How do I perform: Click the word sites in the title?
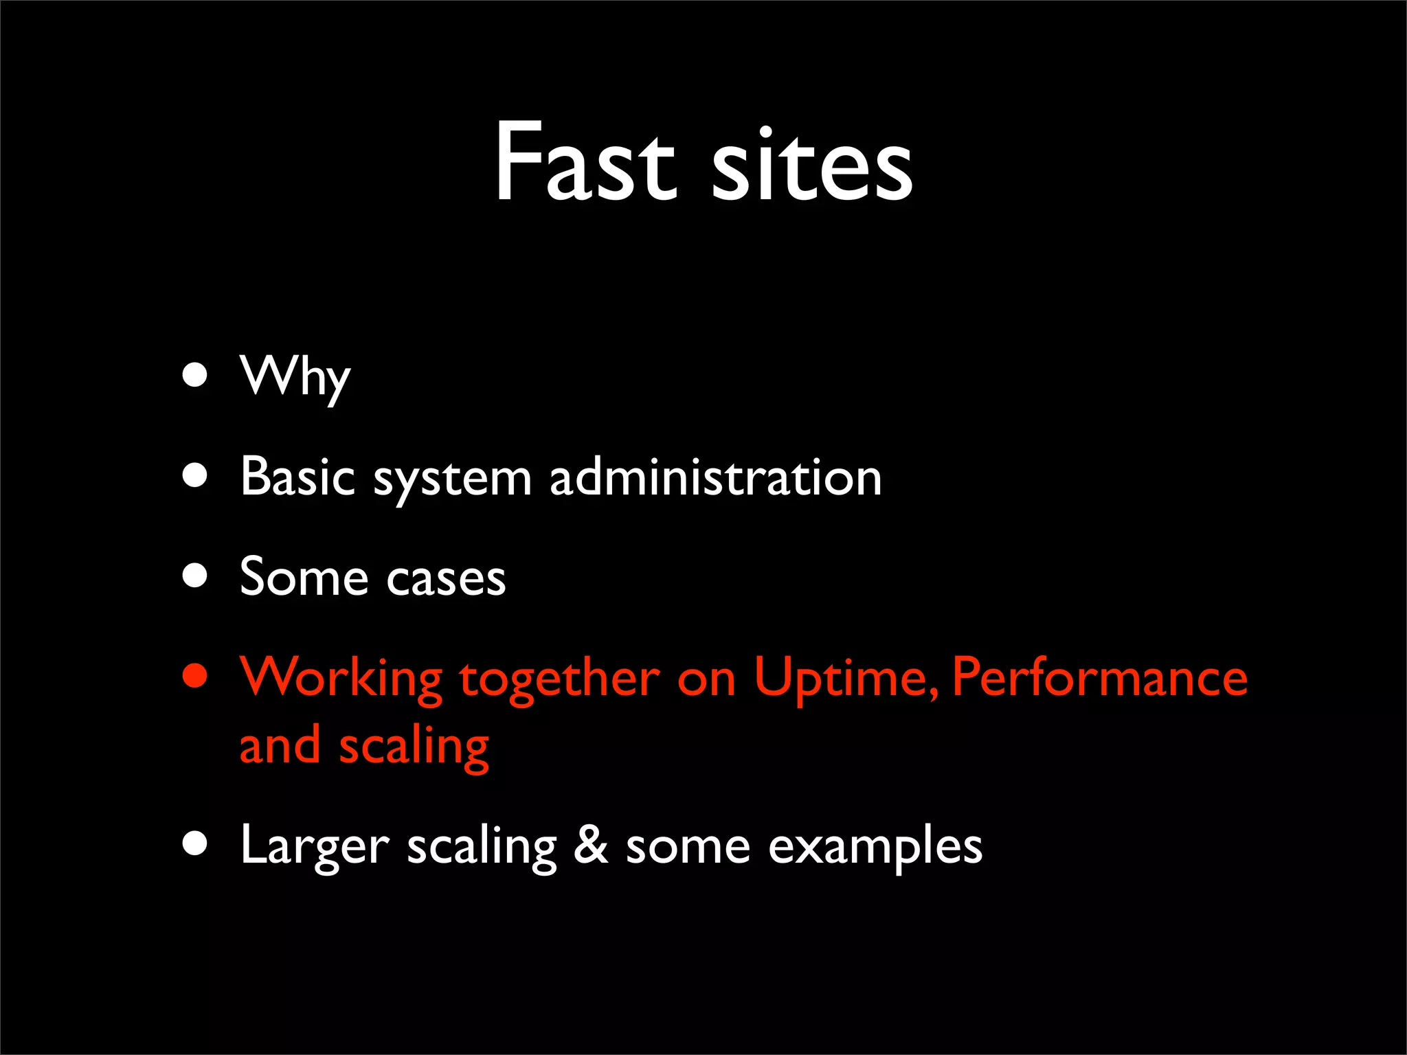pyautogui.click(x=812, y=165)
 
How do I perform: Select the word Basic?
pyautogui.click(x=297, y=476)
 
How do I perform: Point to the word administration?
pyautogui.click(x=715, y=476)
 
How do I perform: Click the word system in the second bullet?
pyautogui.click(x=452, y=479)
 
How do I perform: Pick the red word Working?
pyautogui.click(x=341, y=679)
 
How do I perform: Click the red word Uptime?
pyautogui.click(x=845, y=679)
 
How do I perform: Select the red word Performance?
pyautogui.click(x=1099, y=677)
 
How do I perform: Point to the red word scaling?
pyautogui.click(x=414, y=747)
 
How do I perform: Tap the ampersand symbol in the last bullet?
pyautogui.click(x=591, y=845)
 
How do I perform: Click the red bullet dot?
pyautogui.click(x=196, y=675)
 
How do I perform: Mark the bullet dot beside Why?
pyautogui.click(x=196, y=375)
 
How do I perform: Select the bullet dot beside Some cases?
pyautogui.click(x=196, y=576)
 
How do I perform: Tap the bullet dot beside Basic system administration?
pyautogui.click(x=196, y=475)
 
